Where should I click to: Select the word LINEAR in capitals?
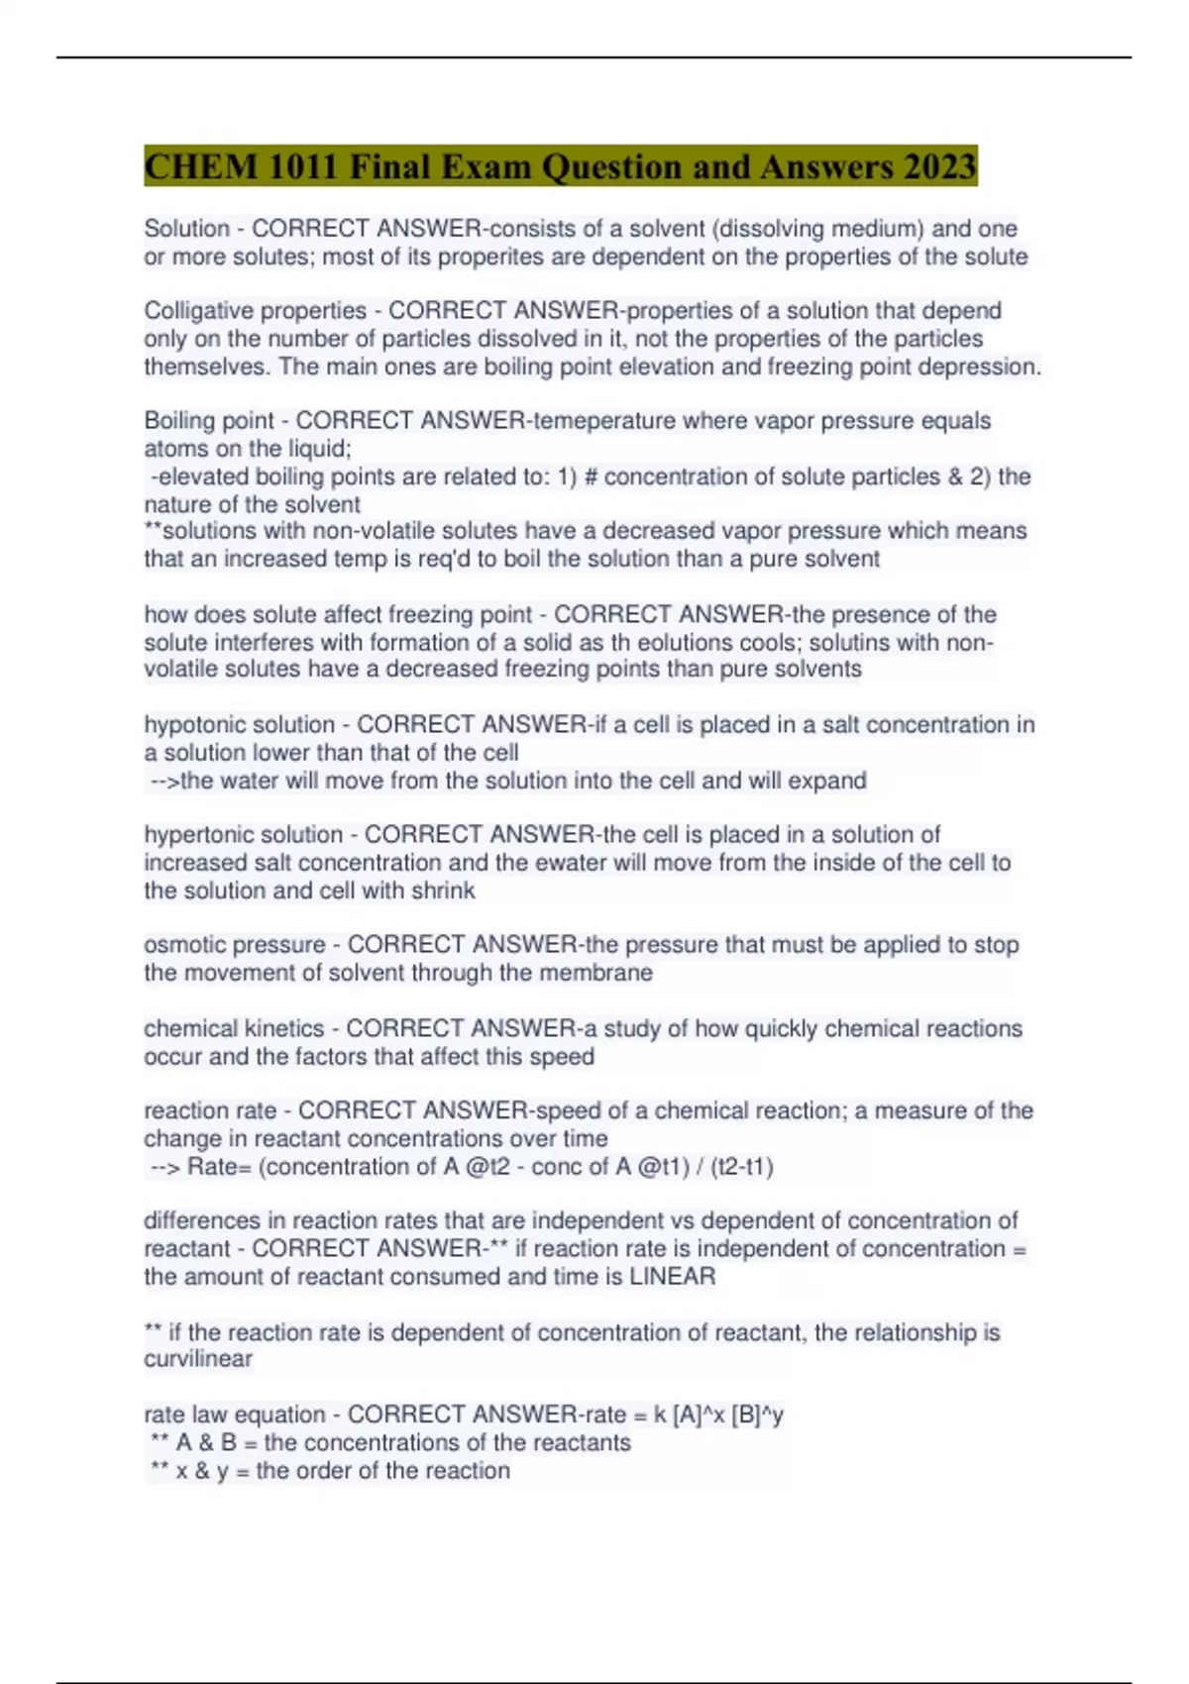coord(672,1276)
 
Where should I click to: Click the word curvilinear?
coord(198,1359)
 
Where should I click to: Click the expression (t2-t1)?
coord(742,1167)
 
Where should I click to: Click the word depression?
coord(979,367)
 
